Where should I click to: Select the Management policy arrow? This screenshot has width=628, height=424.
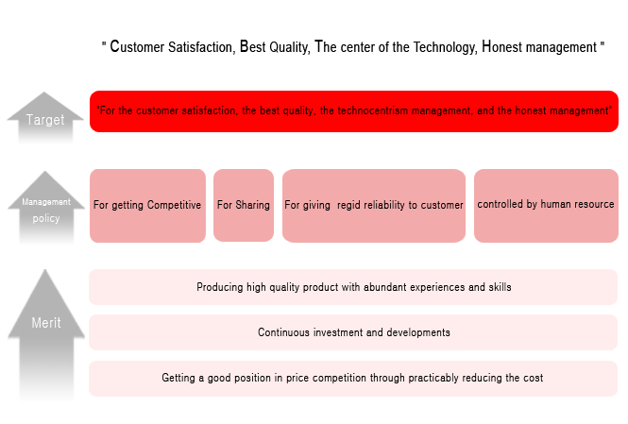coord(46,208)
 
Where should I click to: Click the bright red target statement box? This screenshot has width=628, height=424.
coord(354,111)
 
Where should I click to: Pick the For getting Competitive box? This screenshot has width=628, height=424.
coord(147,206)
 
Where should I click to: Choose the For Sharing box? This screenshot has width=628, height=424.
coord(244,206)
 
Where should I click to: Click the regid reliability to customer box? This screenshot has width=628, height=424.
coord(374,206)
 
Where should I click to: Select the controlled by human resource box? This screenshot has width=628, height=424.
coord(546,206)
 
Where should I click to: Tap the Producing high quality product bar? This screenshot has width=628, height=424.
coord(353,287)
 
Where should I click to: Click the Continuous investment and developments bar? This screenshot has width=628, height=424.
coord(353,332)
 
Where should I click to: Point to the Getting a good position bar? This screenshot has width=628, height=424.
coord(353,379)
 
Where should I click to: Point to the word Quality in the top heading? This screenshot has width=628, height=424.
coord(288,47)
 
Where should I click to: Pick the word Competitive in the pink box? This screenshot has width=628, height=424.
coord(174,205)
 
